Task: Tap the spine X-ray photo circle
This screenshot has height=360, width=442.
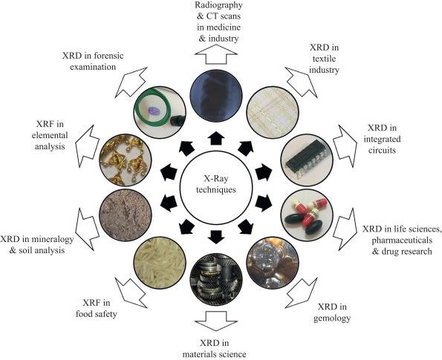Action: (216, 95)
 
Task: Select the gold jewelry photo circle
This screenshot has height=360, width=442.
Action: (126, 160)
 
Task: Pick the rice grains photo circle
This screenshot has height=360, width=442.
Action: (160, 262)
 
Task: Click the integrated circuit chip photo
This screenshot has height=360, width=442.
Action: (306, 160)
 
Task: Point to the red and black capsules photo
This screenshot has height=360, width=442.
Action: (306, 215)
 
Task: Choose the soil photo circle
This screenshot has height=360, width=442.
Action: (126, 215)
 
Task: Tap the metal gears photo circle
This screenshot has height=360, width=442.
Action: (216, 280)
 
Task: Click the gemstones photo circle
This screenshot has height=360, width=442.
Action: (273, 262)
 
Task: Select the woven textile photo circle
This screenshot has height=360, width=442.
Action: (273, 112)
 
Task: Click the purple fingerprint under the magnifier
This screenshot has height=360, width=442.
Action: (154, 111)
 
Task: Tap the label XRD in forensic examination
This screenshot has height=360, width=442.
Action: (93, 61)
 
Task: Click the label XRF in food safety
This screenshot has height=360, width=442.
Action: (97, 309)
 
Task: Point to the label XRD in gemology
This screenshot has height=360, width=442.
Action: (332, 312)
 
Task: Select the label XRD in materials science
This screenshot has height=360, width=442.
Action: (214, 348)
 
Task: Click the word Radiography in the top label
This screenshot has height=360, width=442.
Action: (218, 4)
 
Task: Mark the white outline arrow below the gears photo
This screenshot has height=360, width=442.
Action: (216, 321)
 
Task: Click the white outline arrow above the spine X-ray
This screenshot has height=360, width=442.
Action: (216, 54)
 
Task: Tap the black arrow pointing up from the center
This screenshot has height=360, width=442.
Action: (216, 138)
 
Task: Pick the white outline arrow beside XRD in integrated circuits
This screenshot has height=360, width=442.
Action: (345, 145)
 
